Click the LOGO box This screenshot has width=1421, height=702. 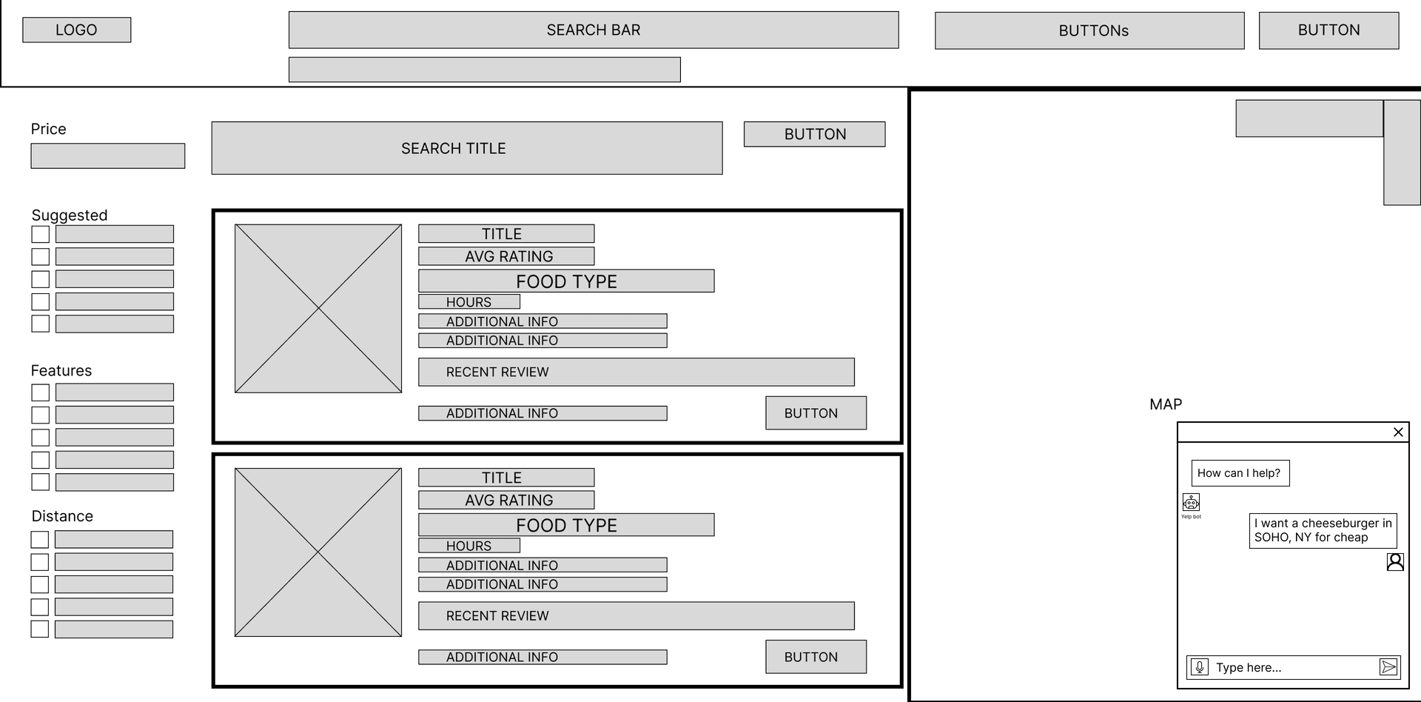click(76, 30)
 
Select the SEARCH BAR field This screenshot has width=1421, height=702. click(593, 30)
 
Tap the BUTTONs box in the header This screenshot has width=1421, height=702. click(1089, 30)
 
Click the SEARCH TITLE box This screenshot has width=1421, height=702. click(466, 148)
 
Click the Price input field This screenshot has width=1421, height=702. click(107, 156)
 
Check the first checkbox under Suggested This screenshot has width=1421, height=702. click(41, 235)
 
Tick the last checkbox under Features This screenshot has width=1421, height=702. click(41, 482)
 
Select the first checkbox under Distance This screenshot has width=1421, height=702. click(40, 540)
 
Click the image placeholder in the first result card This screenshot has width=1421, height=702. click(318, 309)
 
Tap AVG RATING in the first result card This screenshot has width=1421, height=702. click(506, 256)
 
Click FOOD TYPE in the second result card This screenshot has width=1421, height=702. click(566, 525)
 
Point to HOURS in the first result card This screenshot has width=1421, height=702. click(468, 302)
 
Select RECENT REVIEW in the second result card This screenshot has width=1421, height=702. click(636, 616)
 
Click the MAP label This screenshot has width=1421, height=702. click(1166, 404)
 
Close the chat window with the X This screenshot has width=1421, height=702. click(1398, 432)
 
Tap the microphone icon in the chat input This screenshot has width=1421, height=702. click(1200, 667)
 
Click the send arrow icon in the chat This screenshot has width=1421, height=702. click(1388, 667)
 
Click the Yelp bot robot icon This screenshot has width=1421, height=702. click(1191, 502)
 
